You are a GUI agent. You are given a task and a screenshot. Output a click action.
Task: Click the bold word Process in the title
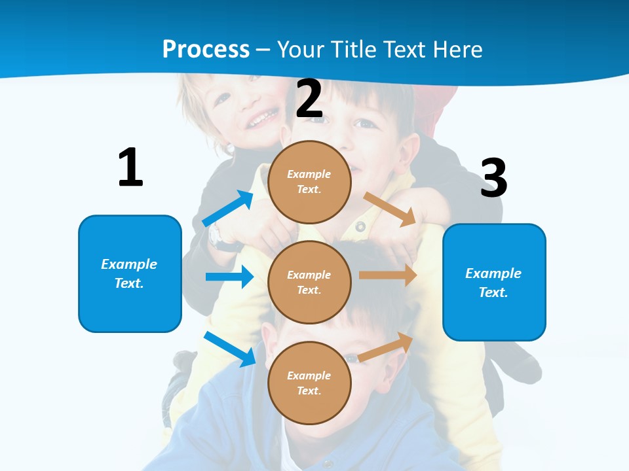(x=206, y=50)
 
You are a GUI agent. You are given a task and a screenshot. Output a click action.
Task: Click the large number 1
(x=130, y=167)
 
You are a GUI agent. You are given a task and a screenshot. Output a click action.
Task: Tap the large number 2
(x=309, y=99)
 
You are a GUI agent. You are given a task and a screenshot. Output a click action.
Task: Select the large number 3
(x=493, y=178)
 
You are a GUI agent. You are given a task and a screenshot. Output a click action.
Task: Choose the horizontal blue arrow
(x=229, y=277)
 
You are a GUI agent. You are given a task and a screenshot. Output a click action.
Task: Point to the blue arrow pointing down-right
(x=230, y=349)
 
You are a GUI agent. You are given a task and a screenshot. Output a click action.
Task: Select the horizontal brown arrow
(x=388, y=275)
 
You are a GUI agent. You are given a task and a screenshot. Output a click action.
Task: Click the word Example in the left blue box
(x=129, y=264)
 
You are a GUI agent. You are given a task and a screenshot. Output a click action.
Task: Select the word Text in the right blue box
(x=493, y=292)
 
